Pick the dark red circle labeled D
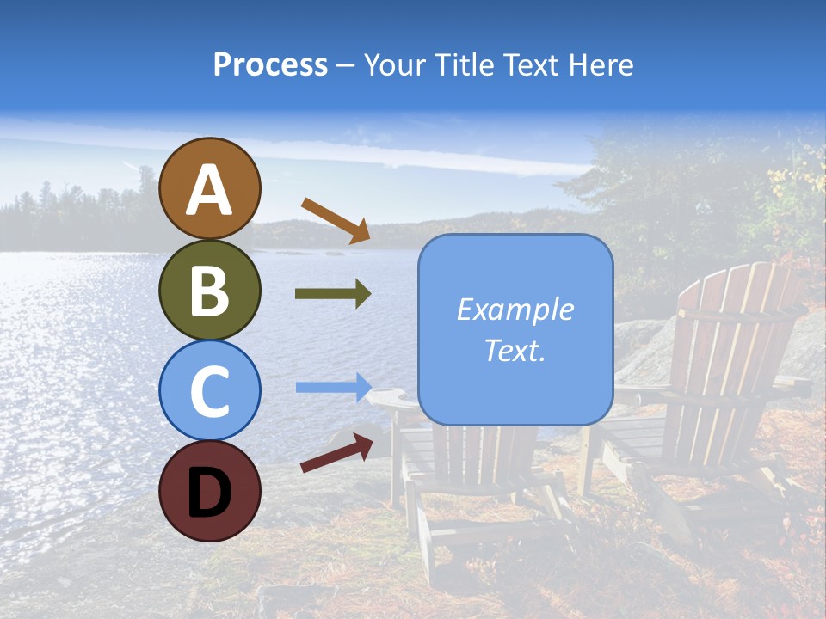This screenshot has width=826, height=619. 210,491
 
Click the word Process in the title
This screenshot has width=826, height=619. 270,64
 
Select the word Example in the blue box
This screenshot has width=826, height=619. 515,309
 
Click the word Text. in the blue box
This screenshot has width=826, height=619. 515,350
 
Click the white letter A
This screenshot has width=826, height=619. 210,190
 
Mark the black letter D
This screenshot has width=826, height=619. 210,493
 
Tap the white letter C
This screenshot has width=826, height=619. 210,392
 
